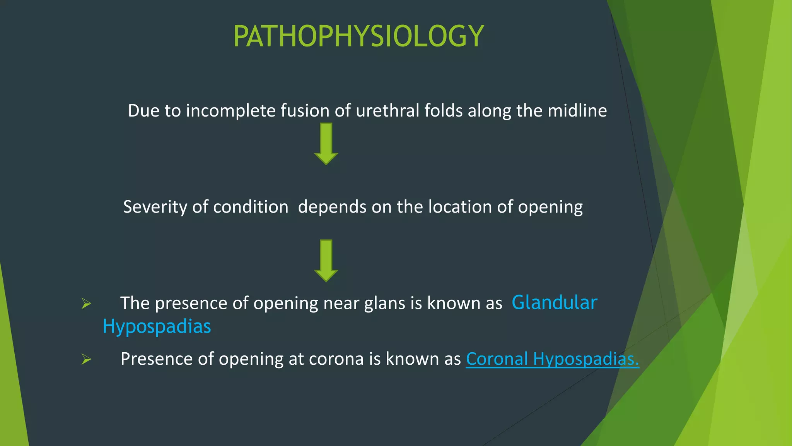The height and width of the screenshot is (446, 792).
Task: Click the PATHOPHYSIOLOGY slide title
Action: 358,36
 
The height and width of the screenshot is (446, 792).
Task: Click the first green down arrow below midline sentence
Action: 326,144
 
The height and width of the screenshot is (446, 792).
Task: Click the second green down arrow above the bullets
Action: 326,260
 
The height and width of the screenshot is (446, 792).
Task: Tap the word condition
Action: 251,207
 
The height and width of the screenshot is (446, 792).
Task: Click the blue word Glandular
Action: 554,302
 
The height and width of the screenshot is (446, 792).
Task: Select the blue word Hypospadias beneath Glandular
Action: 157,326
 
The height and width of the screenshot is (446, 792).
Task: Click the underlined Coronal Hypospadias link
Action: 552,359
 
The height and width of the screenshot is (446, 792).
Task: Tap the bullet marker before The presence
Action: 86,304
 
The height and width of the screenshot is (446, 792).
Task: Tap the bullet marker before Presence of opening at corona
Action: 86,359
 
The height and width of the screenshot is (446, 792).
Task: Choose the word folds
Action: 443,111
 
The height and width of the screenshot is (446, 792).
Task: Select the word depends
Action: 332,207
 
